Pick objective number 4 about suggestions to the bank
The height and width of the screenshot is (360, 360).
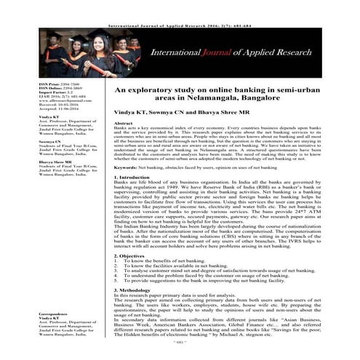click(193, 280)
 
